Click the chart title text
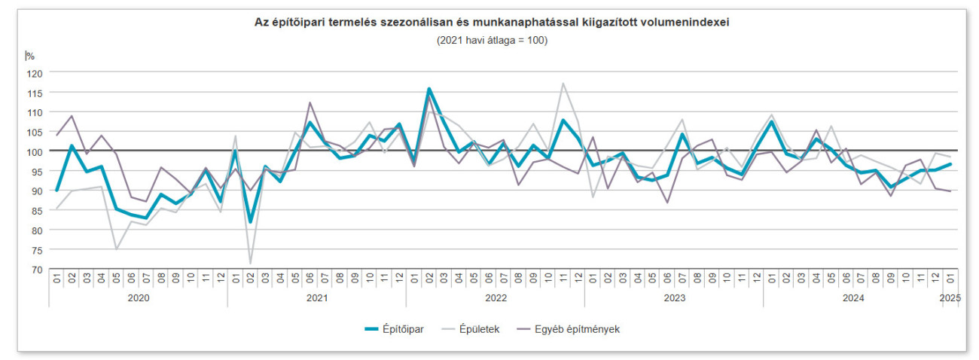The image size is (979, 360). (x=492, y=23)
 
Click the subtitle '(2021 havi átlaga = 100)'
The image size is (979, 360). (x=492, y=40)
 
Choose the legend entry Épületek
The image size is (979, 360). (x=480, y=329)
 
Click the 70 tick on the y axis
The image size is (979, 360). (x=36, y=269)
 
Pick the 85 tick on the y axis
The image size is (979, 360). (x=36, y=210)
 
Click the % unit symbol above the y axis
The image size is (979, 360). (x=30, y=56)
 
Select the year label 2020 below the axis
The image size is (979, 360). (x=138, y=298)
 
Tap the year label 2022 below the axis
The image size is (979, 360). (x=495, y=298)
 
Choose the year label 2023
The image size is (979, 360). (x=673, y=298)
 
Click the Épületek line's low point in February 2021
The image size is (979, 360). (x=250, y=264)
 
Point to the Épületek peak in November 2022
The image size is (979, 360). (x=563, y=84)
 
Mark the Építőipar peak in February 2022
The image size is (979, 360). (x=429, y=89)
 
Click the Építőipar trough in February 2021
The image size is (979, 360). (x=250, y=221)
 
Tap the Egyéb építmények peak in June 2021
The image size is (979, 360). (x=310, y=102)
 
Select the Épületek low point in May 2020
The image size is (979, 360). (x=116, y=249)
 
